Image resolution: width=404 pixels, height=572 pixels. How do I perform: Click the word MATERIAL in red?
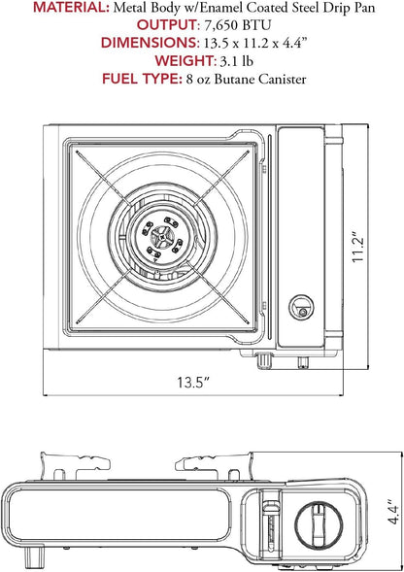[71, 8]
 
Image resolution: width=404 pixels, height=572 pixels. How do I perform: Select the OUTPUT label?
[167, 25]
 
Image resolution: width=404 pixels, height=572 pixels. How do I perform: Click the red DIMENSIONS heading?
[150, 43]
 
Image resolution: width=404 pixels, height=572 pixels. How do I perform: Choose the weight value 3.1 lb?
[237, 61]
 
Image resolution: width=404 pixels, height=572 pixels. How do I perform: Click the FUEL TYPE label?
[142, 79]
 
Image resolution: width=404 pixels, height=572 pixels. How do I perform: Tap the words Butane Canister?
[260, 79]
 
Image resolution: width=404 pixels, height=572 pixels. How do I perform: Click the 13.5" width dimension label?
[193, 383]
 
